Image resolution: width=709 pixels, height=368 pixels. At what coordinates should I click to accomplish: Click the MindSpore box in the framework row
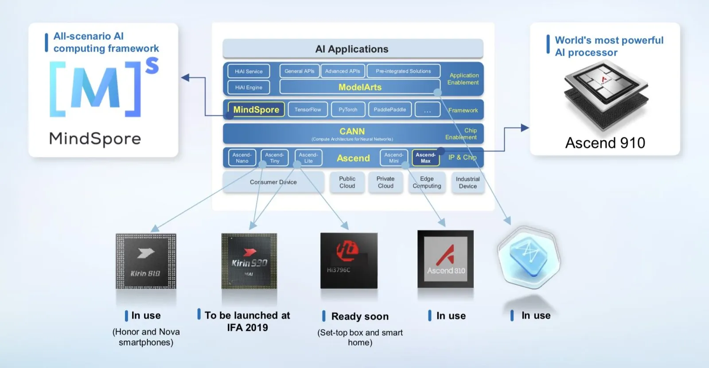256,110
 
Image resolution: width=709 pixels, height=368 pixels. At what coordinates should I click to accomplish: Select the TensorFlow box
308,110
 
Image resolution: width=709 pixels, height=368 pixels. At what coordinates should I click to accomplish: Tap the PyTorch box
348,110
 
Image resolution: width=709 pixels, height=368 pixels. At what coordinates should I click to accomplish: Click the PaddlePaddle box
390,110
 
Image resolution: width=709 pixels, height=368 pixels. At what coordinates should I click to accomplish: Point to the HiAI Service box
249,71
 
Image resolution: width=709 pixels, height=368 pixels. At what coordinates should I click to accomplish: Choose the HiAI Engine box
249,87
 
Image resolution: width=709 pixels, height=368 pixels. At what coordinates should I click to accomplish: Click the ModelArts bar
359,87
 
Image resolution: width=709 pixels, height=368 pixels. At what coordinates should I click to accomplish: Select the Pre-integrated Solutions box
403,71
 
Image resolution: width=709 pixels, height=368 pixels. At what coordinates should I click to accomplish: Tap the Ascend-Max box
425,158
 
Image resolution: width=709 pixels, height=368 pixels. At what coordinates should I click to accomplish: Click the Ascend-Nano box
242,158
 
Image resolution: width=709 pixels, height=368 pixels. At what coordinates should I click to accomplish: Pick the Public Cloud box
347,182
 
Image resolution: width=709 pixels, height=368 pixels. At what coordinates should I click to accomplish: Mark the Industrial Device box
467,182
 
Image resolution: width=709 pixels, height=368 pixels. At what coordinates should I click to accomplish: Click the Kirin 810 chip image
146,261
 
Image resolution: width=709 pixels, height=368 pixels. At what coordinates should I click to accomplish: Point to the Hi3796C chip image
349,261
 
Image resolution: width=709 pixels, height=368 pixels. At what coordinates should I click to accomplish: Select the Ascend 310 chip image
445,259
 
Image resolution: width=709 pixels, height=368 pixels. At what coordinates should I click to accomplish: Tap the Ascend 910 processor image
605,95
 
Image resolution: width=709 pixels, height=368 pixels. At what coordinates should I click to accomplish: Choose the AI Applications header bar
352,49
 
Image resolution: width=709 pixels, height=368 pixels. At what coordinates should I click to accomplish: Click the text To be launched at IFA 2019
247,321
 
